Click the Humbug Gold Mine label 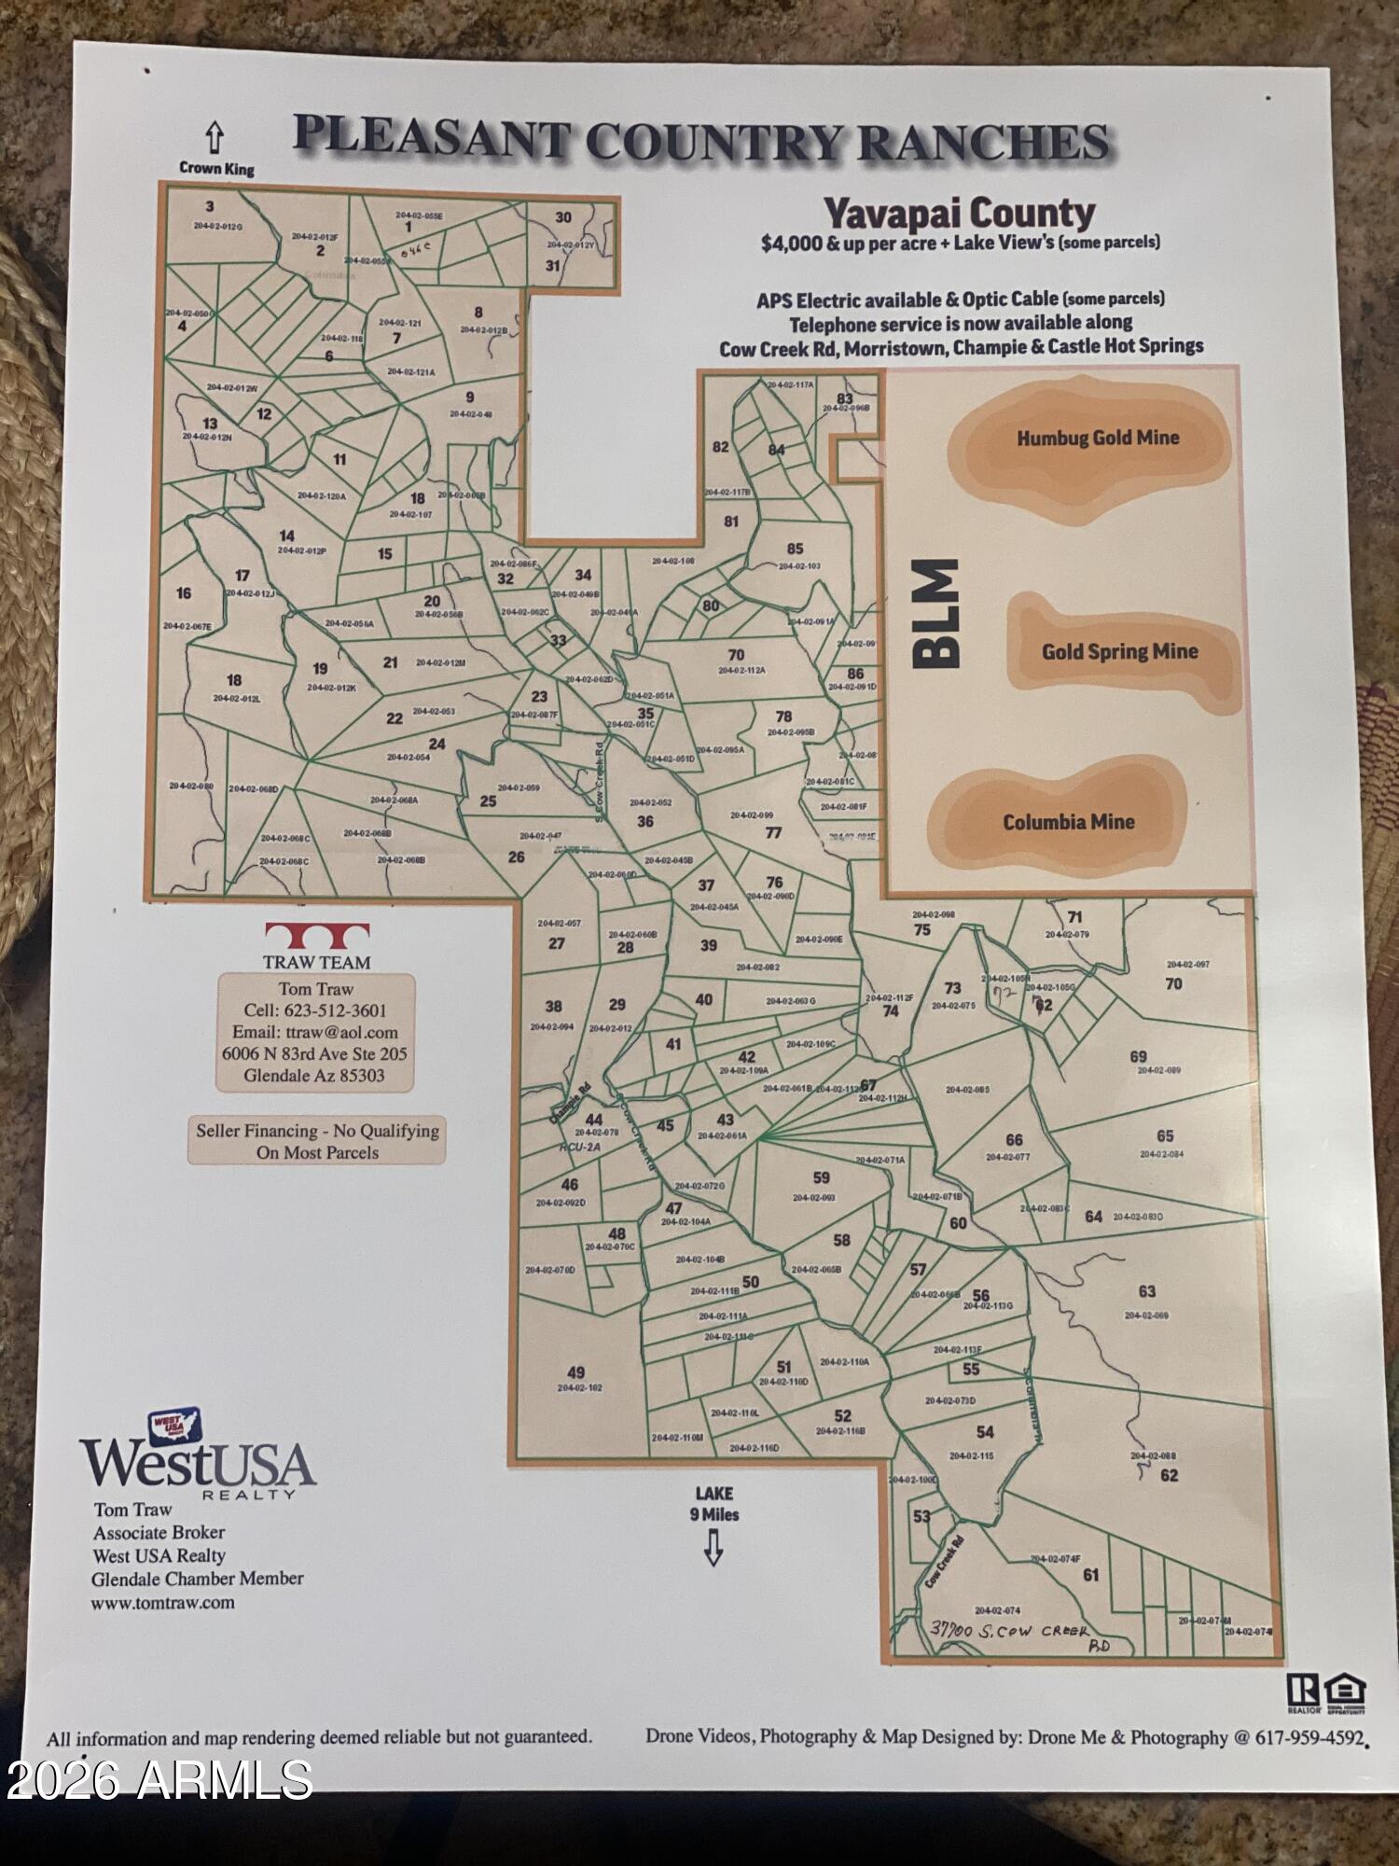(x=1098, y=438)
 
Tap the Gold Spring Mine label (x=1119, y=651)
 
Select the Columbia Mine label (x=1069, y=822)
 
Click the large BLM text (x=935, y=614)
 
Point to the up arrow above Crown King (x=215, y=138)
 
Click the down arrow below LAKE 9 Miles (x=713, y=1550)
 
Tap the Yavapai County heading (x=960, y=214)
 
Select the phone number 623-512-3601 (x=340, y=1010)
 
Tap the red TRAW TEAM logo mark (x=317, y=935)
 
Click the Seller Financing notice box (x=317, y=1141)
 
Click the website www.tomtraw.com (x=162, y=1603)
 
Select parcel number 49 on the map (x=576, y=1372)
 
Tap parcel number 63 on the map (x=1147, y=1291)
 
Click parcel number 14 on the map (x=287, y=536)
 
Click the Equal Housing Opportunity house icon (x=1348, y=1690)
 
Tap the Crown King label (x=216, y=169)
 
